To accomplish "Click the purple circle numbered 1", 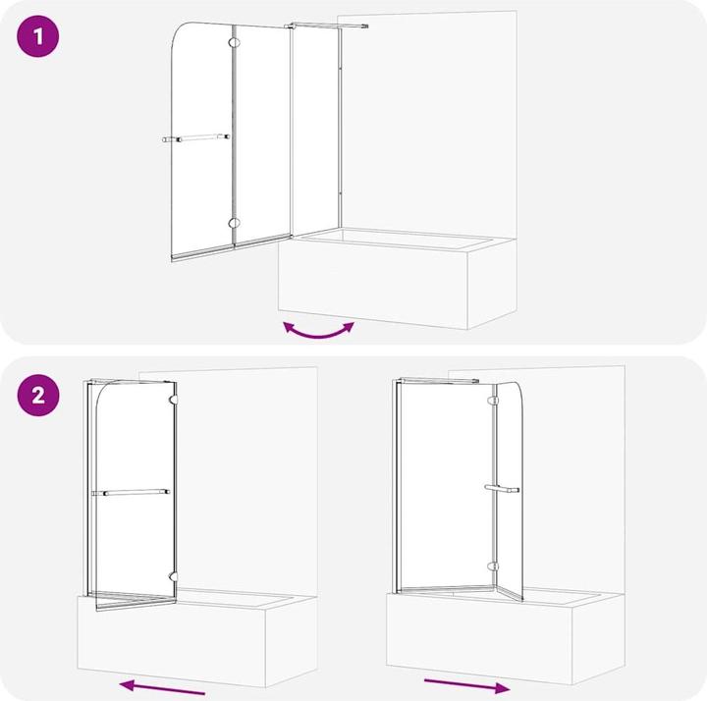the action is (38, 36).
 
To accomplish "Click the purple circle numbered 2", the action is (38, 395).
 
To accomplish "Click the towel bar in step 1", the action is (196, 138).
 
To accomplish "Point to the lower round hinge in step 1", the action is (234, 223).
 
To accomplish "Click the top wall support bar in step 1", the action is (327, 26).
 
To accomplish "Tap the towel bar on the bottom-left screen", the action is (131, 492).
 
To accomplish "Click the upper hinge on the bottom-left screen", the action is (173, 399).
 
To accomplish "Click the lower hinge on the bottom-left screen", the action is (173, 576).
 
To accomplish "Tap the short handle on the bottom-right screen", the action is (502, 489).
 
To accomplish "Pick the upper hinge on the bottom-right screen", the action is (494, 401).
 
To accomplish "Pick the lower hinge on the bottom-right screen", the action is (494, 566).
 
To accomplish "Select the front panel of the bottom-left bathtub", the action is (172, 641).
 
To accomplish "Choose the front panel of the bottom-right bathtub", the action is (480, 638).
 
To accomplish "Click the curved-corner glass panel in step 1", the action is (202, 142).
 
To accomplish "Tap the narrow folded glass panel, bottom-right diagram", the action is (510, 491).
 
